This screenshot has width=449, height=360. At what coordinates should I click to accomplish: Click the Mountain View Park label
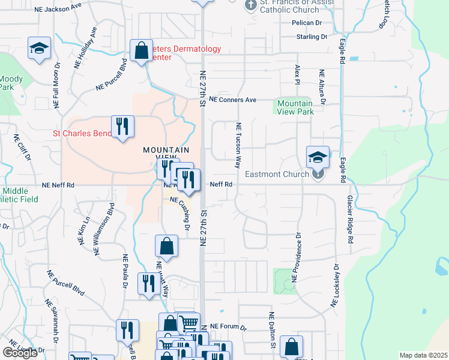click(x=295, y=107)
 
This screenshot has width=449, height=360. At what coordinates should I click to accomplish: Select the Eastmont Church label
click(x=277, y=175)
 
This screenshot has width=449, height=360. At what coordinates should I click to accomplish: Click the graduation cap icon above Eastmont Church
click(x=318, y=157)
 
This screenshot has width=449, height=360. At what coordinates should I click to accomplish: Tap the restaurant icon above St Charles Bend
click(x=122, y=127)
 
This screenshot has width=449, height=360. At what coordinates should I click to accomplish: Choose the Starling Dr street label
click(x=312, y=37)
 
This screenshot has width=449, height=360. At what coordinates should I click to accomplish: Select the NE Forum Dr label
click(x=231, y=328)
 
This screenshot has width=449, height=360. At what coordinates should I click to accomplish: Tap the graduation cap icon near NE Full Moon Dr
click(x=39, y=48)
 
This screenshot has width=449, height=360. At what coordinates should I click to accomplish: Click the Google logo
click(x=20, y=353)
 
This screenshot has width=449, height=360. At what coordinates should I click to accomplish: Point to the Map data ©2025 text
click(x=423, y=355)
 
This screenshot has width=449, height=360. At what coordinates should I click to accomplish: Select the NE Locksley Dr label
click(x=335, y=287)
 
